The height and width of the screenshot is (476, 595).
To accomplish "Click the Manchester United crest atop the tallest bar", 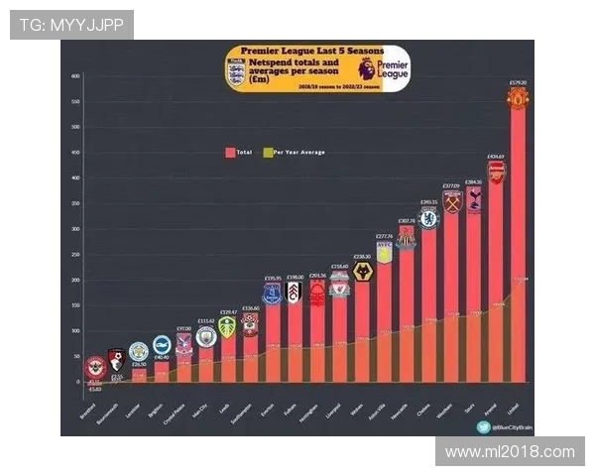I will (518, 98).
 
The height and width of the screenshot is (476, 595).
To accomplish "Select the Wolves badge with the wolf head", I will (362, 271).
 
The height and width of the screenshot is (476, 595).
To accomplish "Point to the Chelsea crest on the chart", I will (428, 219).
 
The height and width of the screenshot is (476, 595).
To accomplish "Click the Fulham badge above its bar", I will (294, 293).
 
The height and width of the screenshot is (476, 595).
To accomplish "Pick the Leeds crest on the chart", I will (228, 326).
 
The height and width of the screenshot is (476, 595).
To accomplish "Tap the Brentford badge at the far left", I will (95, 366).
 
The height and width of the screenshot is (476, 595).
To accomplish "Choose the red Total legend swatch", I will (231, 152).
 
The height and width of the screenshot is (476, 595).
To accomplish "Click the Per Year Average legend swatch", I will (267, 152).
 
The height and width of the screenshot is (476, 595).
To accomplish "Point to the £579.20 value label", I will (518, 82).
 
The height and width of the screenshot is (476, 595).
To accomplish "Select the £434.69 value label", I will (496, 157).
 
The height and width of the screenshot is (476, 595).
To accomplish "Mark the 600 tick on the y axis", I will (75, 76).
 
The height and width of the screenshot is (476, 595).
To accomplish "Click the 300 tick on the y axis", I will (75, 229).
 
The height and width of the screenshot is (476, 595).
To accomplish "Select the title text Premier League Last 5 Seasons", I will (295, 50).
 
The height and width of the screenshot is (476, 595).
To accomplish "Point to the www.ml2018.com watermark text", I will (510, 451).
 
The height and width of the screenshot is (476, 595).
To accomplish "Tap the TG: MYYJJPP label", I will (71, 25).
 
